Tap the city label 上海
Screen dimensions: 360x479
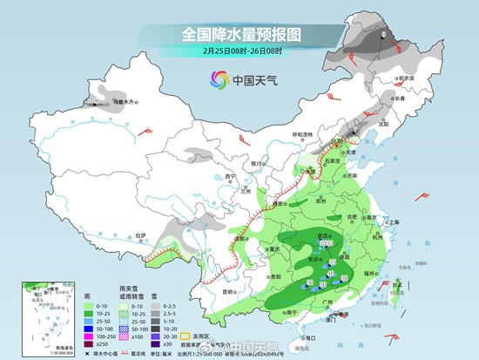(395, 222)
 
